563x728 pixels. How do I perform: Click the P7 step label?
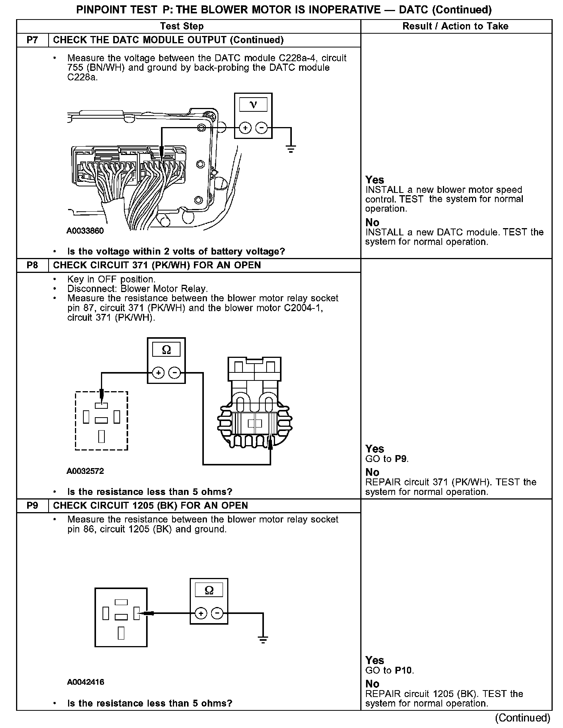(x=33, y=40)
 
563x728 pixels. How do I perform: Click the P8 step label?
(x=33, y=265)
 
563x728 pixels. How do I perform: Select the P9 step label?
(x=33, y=506)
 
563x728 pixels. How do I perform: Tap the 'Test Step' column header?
(x=182, y=26)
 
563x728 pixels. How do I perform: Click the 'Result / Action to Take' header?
(x=455, y=26)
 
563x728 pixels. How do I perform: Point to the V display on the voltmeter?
(x=253, y=104)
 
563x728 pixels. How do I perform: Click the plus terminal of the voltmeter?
(x=245, y=128)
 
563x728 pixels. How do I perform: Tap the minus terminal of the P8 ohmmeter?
(x=175, y=372)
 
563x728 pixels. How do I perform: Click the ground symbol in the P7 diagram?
(x=291, y=149)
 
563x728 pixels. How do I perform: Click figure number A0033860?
(x=85, y=231)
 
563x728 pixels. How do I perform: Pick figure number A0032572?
(x=85, y=471)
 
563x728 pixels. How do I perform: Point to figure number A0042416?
(x=85, y=682)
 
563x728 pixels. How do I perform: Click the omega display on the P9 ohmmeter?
(x=209, y=590)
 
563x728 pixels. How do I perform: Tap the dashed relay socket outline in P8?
(x=101, y=421)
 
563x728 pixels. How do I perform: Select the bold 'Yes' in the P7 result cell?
(x=374, y=180)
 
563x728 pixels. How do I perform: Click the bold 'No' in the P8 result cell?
(x=372, y=472)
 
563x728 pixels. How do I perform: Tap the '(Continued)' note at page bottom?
(x=522, y=718)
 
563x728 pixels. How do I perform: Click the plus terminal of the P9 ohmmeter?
(x=200, y=614)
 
